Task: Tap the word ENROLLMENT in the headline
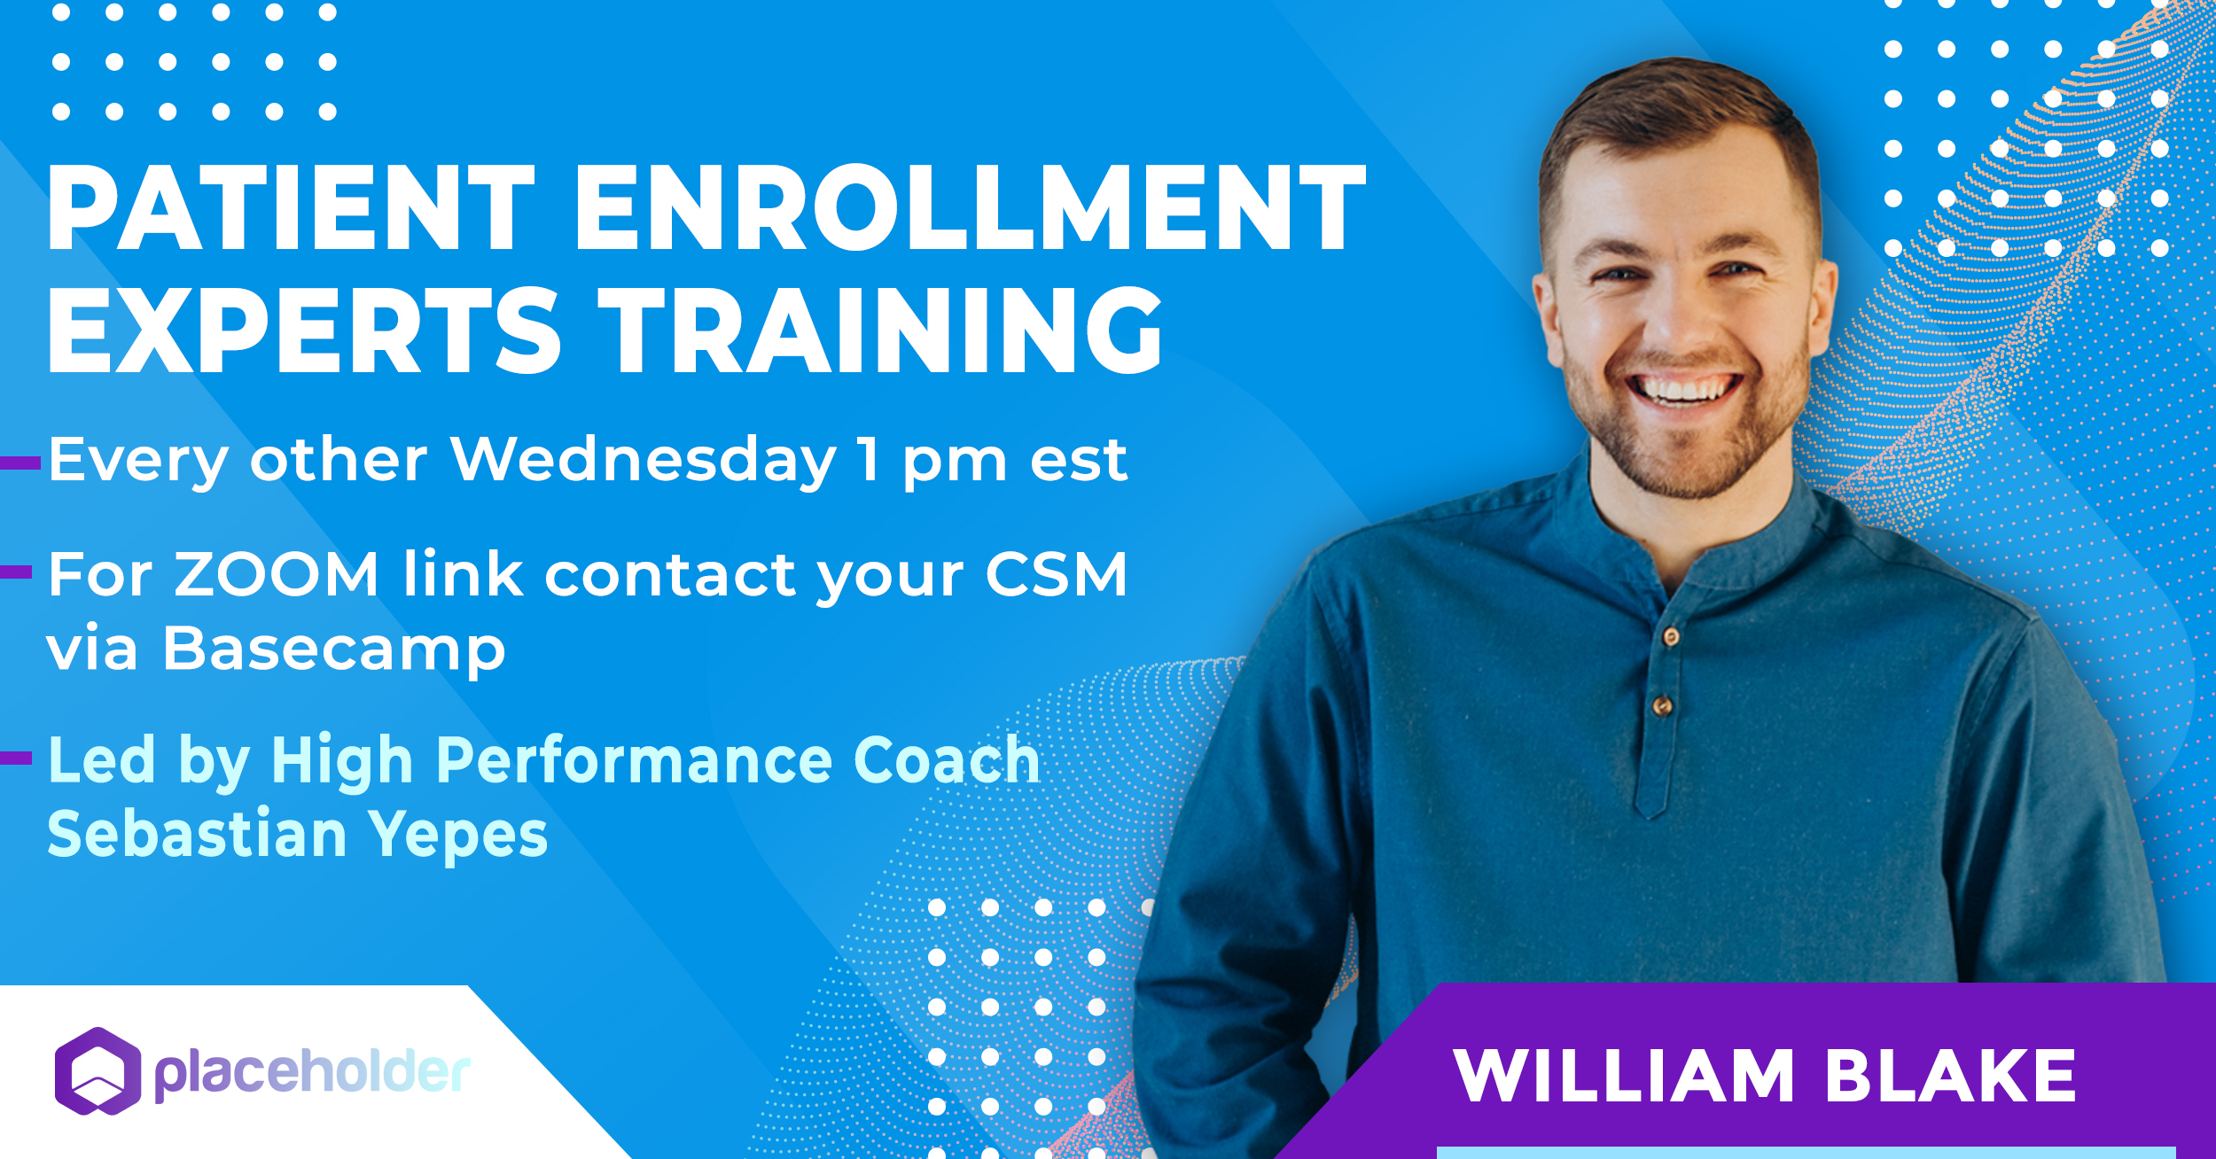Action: pos(971,208)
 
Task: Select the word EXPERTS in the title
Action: pos(304,331)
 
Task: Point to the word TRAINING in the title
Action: pos(879,331)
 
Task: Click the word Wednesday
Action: pos(643,461)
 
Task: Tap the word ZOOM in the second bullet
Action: pos(277,574)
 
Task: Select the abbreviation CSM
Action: pos(1056,574)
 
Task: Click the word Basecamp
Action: pos(334,650)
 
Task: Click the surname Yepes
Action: pos(458,836)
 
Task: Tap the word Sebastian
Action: pos(197,834)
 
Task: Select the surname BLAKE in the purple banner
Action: pos(1950,1076)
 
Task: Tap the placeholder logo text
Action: pos(312,1073)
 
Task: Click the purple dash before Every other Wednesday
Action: pos(20,463)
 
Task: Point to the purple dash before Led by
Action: pos(16,758)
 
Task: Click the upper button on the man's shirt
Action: pos(1671,636)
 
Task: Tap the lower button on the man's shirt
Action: pos(1662,706)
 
